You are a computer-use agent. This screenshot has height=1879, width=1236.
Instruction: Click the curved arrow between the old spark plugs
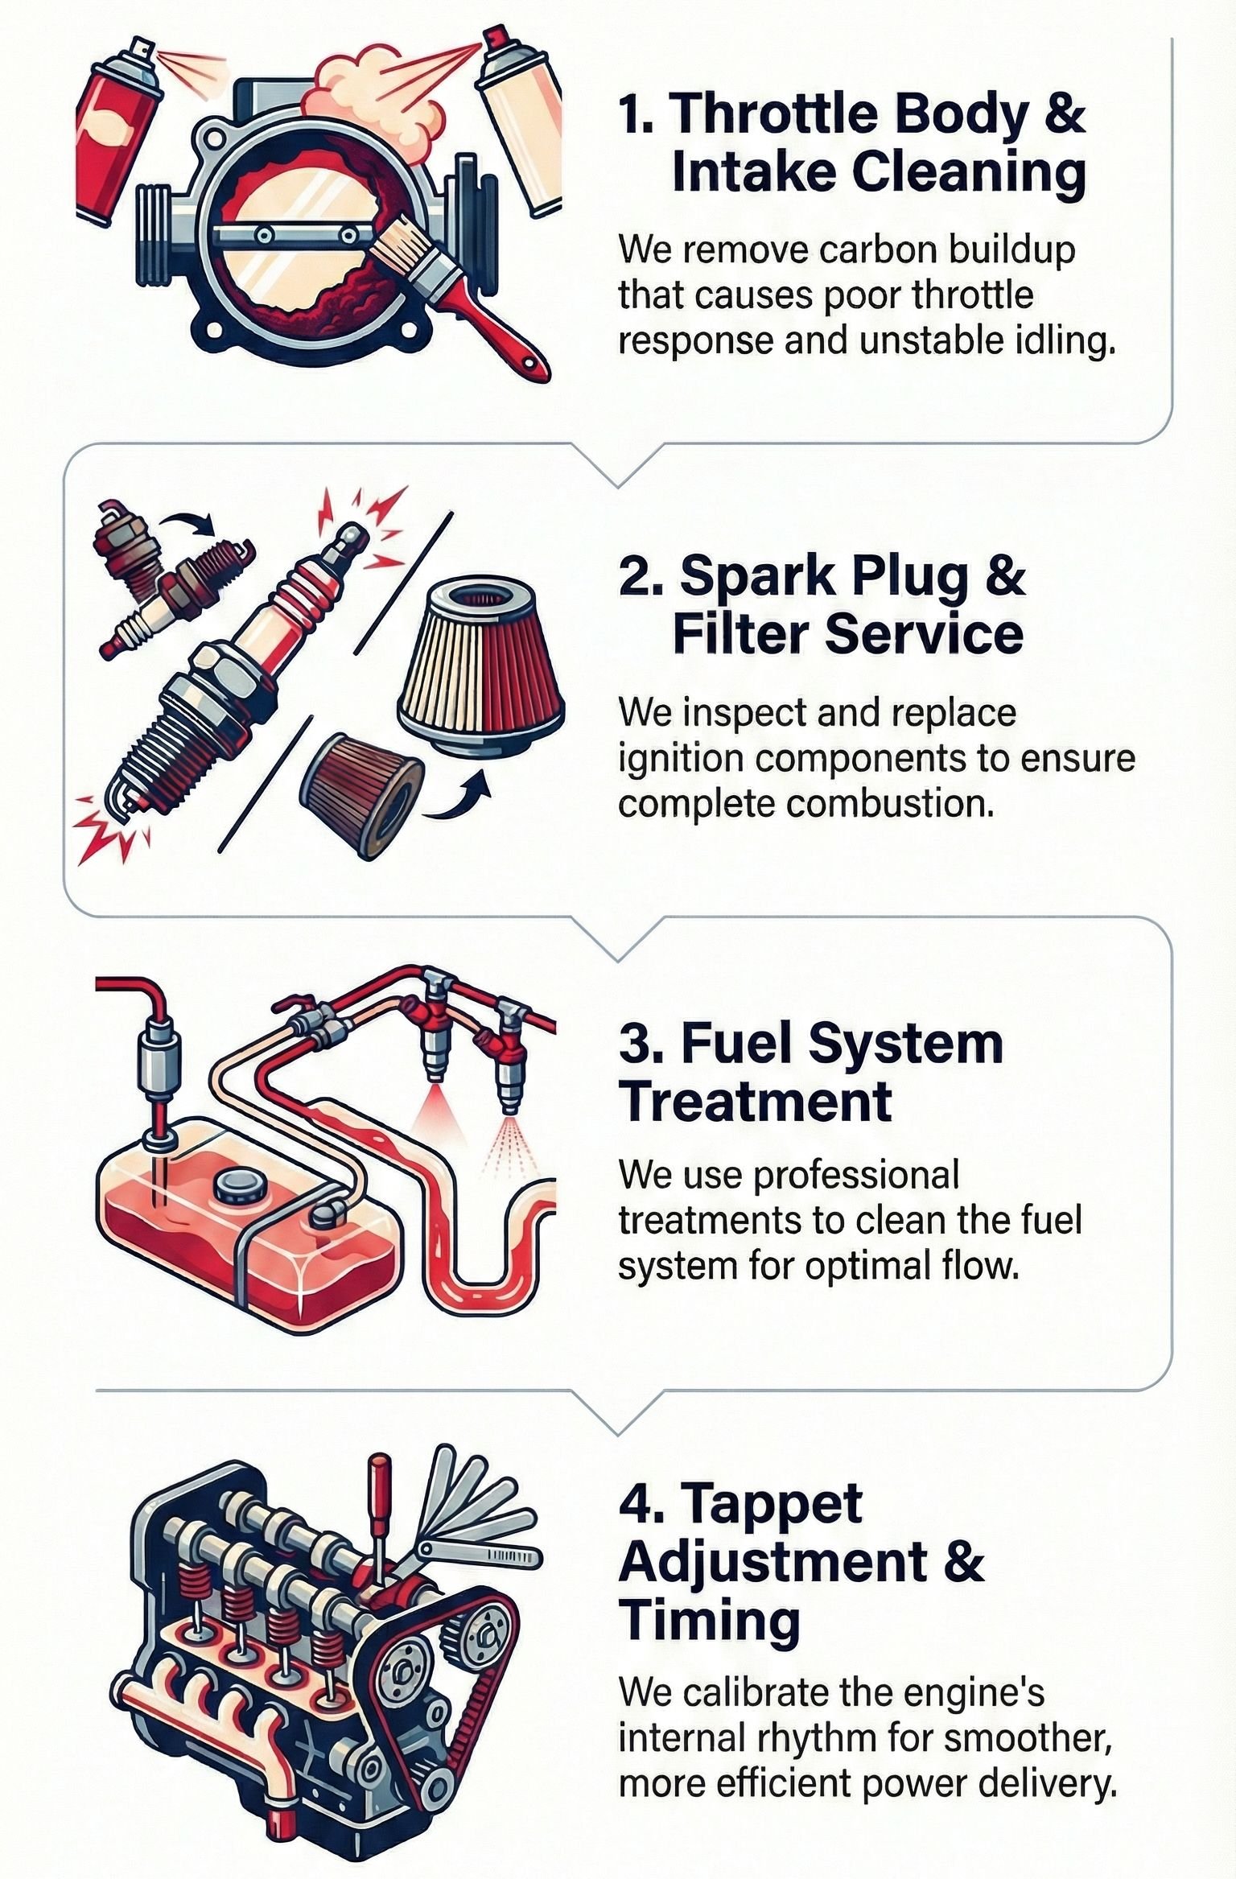click(x=187, y=523)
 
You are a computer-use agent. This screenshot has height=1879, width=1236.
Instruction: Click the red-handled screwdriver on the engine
click(x=377, y=1505)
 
